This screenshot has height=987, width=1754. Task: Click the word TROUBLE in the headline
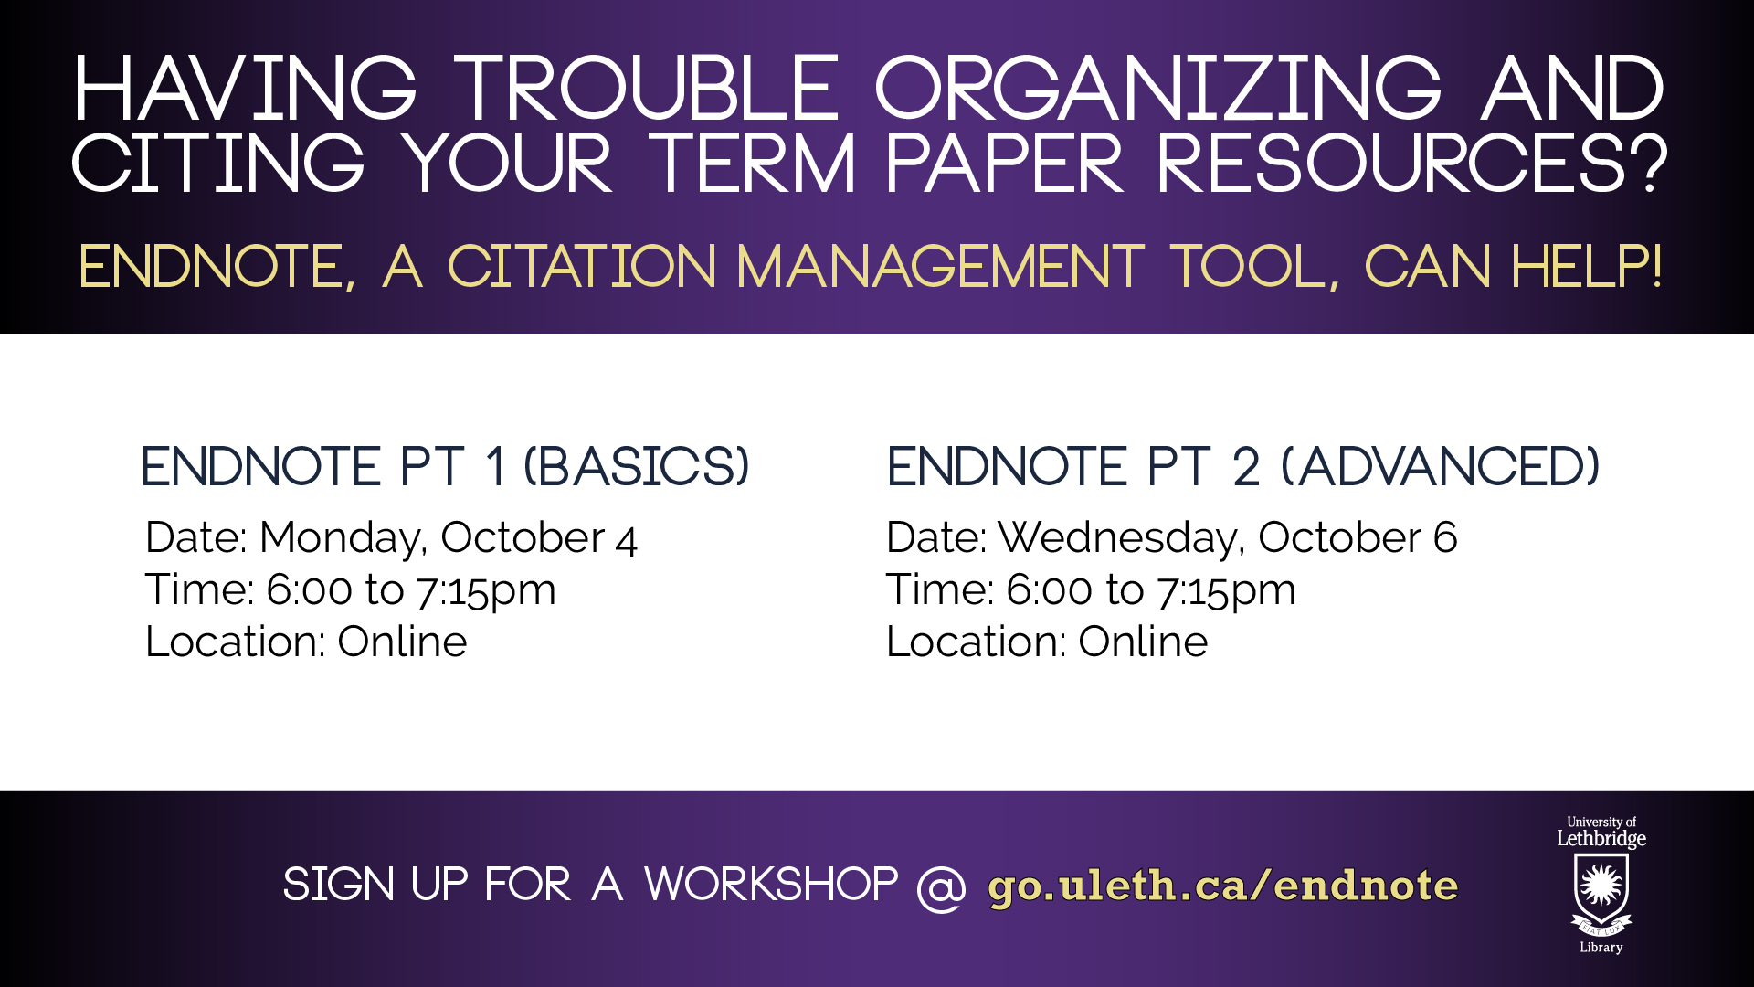(x=647, y=89)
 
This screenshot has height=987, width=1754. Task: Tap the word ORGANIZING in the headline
(x=1158, y=89)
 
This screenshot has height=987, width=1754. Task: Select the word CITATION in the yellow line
(x=582, y=267)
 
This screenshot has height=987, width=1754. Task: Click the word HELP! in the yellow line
(x=1587, y=267)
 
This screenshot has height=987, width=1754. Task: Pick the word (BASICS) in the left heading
(x=637, y=466)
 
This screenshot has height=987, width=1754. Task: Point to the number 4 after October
(x=627, y=540)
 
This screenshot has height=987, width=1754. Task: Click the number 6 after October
(x=1445, y=537)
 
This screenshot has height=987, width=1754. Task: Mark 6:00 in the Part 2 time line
(x=1049, y=589)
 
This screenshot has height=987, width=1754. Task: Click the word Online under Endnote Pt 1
(x=402, y=642)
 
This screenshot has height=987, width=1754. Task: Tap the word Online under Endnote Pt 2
(x=1143, y=642)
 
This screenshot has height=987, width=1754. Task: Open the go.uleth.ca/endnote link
(x=1223, y=886)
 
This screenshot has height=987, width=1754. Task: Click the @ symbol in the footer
(x=941, y=887)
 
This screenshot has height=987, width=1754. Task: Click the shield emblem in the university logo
(x=1601, y=888)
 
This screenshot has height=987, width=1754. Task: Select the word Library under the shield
(x=1601, y=948)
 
